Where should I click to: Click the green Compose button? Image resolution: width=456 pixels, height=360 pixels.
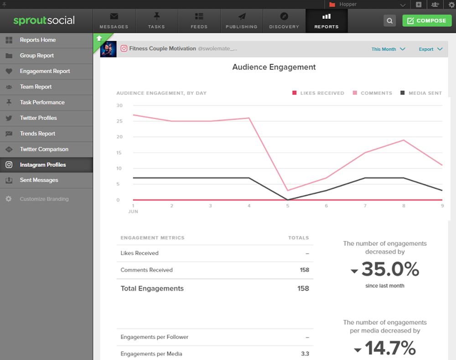[427, 21]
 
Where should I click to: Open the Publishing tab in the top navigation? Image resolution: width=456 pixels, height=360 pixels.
[241, 21]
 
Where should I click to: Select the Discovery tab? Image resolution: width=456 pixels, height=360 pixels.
[284, 21]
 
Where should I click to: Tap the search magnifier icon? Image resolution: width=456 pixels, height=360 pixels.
[389, 21]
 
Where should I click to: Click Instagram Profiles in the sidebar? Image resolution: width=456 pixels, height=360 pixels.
[42, 165]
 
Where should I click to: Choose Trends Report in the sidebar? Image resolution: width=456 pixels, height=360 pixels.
[37, 134]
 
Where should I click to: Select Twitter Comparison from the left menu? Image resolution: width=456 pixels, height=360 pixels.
[44, 149]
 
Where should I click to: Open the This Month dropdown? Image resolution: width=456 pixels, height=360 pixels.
[388, 49]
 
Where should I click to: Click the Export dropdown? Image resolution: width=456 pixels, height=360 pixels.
[430, 49]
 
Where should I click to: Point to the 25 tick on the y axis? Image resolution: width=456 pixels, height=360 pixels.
[119, 121]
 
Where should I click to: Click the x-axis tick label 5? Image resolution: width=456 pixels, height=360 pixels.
[288, 206]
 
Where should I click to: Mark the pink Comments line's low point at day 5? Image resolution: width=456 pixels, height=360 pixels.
[288, 190]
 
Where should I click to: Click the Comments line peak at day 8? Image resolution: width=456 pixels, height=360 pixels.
[404, 140]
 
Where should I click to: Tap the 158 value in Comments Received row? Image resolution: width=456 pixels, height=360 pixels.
[304, 270]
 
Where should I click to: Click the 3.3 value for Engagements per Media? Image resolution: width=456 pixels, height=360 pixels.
[305, 354]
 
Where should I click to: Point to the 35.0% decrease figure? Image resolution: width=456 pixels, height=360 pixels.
[390, 270]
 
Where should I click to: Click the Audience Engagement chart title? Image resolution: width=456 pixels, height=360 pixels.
[274, 67]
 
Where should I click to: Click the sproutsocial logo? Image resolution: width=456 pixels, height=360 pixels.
[44, 21]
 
